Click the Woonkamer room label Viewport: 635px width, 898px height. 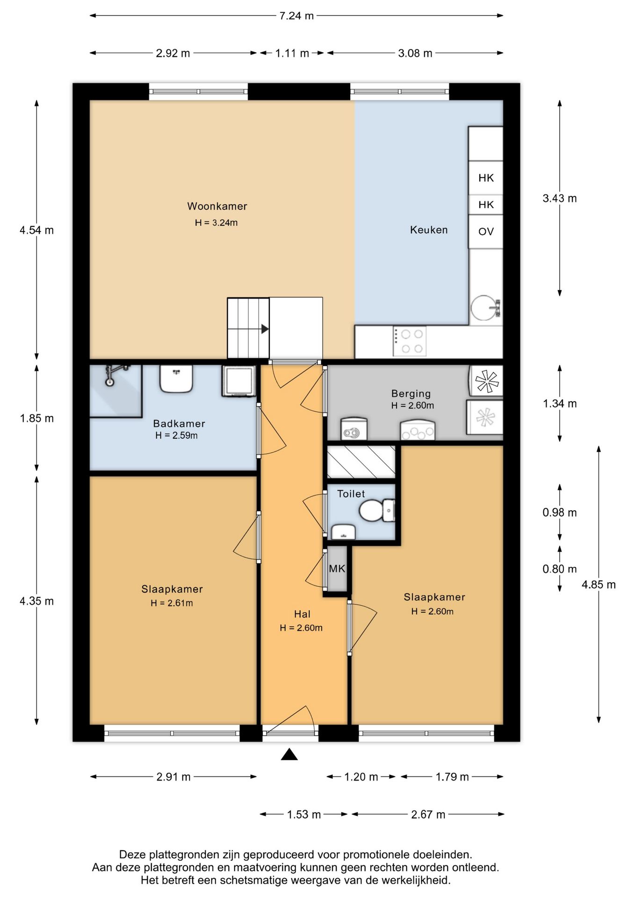[x=217, y=206]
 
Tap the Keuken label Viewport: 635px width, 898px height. [x=429, y=230]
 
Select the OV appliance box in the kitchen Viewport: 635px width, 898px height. [x=486, y=232]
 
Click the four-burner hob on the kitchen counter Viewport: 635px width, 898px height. [x=410, y=341]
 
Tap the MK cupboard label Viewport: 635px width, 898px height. [x=337, y=569]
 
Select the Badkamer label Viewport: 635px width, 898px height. [x=179, y=424]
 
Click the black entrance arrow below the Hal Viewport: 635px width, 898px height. [x=289, y=754]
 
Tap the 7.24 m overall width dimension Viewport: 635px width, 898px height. [x=296, y=16]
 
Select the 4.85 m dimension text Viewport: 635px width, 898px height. [x=599, y=585]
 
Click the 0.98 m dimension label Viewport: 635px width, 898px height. [x=560, y=513]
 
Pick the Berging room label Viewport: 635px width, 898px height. [x=411, y=394]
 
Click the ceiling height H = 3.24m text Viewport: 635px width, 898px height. [x=216, y=223]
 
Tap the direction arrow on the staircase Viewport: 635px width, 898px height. [x=265, y=329]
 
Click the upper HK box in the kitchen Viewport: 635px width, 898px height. [x=486, y=178]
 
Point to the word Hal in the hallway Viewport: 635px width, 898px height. [x=302, y=614]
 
